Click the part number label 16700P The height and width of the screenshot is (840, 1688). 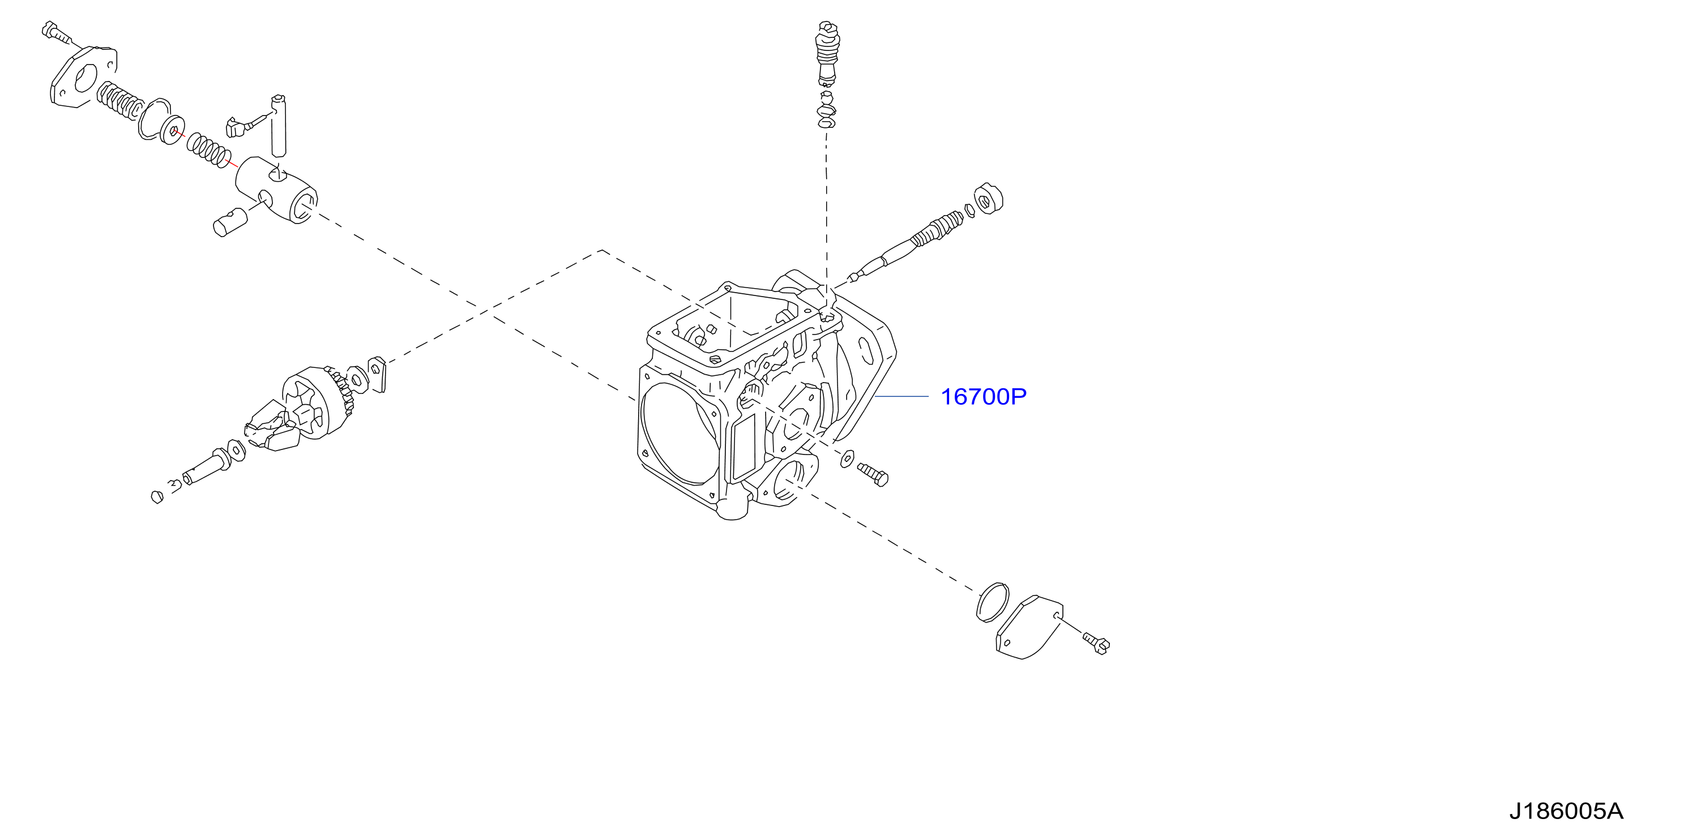(983, 397)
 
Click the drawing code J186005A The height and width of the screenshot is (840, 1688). (1566, 811)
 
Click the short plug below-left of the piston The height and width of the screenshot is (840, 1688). (229, 221)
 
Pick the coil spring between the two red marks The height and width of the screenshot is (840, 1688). (209, 149)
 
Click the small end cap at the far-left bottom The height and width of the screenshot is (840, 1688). (157, 496)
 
